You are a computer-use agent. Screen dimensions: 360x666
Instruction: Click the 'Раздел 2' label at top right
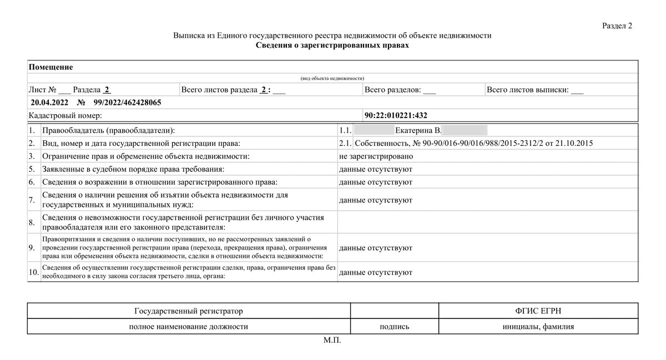(617, 26)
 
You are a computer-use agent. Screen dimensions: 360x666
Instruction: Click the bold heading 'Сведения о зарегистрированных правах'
(332, 45)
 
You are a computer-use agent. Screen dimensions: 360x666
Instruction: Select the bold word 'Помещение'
(51, 67)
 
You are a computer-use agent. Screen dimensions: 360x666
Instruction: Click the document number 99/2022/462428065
(127, 103)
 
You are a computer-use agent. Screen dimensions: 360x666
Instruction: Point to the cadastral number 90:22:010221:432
(396, 115)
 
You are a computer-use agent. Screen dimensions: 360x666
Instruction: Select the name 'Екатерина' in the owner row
(414, 131)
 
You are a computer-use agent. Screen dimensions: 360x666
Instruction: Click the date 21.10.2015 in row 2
(574, 144)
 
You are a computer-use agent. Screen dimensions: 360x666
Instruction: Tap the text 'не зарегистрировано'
(376, 156)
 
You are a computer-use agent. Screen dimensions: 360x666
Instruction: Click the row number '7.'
(33, 200)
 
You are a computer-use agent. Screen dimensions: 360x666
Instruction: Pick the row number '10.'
(33, 272)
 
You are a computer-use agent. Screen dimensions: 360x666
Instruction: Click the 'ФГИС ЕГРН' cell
(538, 311)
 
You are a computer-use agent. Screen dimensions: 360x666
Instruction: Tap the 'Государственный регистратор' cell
(189, 311)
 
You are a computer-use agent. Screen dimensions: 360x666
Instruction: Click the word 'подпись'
(394, 327)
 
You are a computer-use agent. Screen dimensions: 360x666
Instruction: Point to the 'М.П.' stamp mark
(332, 340)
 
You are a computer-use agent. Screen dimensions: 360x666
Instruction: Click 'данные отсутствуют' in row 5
(375, 169)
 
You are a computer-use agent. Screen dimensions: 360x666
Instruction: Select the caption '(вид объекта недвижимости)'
(332, 79)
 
